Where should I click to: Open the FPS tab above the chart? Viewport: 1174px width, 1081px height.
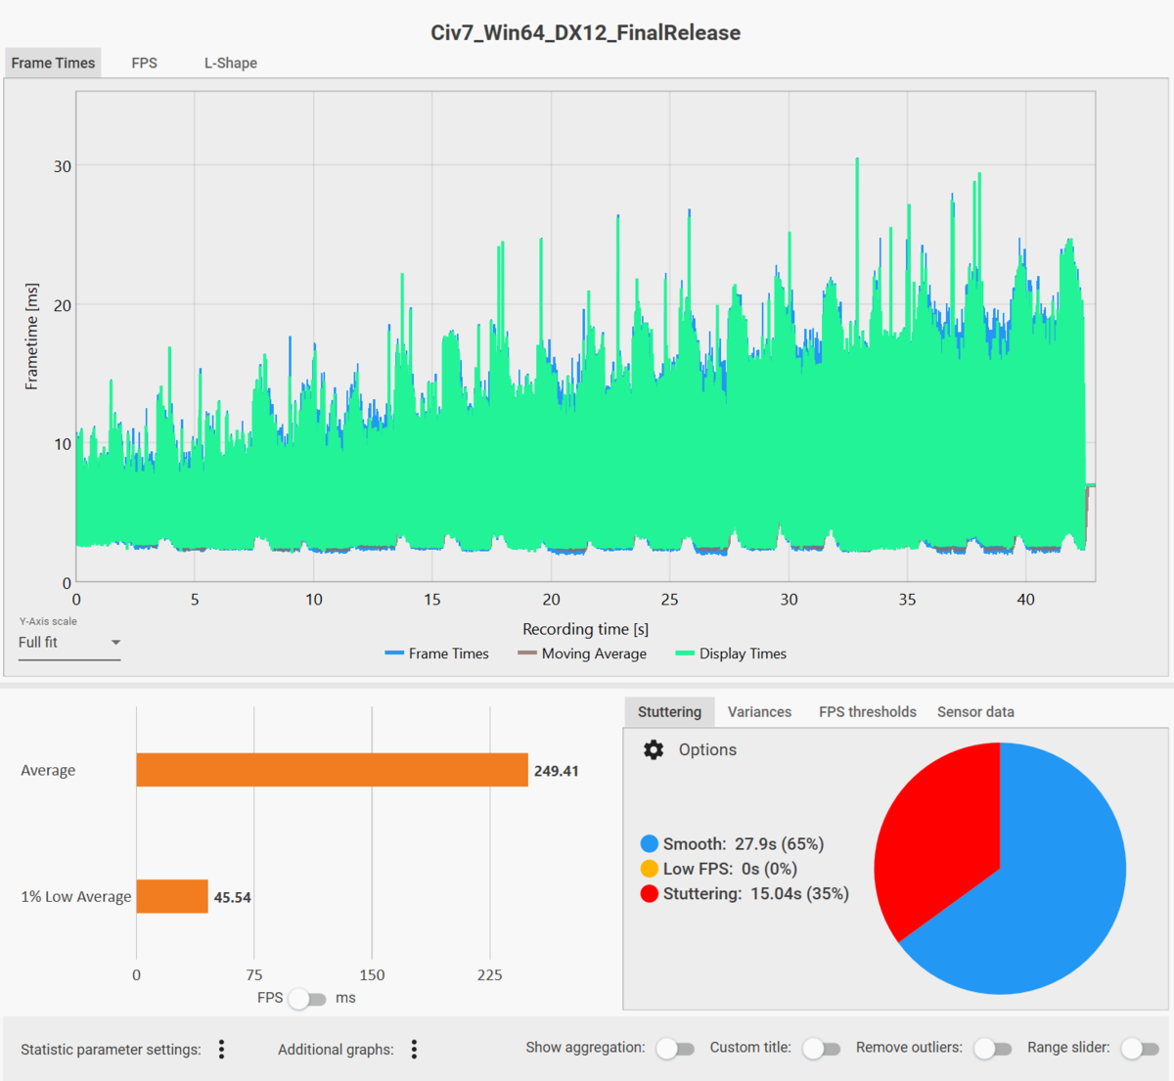(144, 63)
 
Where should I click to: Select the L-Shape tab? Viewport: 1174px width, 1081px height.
(230, 63)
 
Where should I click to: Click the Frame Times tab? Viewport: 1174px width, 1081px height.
(53, 63)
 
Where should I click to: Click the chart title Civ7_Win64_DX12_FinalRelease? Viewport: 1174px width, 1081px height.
(585, 32)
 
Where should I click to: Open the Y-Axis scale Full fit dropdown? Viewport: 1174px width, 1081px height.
(69, 643)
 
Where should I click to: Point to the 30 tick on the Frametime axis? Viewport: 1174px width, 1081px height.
(63, 166)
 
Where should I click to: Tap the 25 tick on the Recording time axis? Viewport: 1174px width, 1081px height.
(669, 600)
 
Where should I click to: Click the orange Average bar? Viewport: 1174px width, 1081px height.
(332, 770)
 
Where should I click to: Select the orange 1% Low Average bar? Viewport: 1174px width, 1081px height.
(172, 896)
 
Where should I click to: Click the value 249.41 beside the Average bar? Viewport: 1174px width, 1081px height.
(556, 771)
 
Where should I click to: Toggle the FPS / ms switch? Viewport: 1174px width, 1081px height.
(307, 999)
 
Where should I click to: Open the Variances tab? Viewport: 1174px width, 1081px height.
(759, 712)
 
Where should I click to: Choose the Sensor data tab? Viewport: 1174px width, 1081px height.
(975, 712)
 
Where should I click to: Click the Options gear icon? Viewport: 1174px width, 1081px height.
(654, 749)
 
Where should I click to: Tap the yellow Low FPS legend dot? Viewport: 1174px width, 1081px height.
(650, 869)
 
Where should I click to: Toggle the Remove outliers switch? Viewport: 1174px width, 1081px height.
(992, 1049)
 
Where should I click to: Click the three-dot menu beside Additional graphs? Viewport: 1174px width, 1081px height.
(414, 1049)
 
